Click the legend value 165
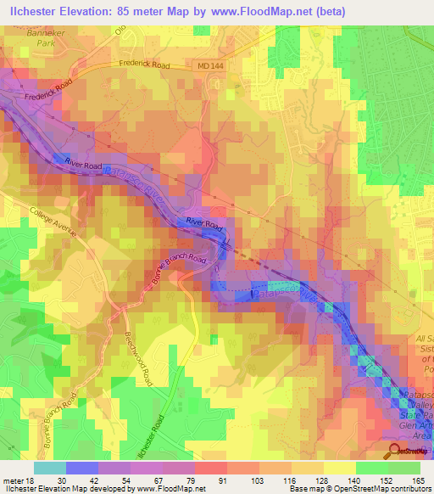pyautogui.click(x=418, y=480)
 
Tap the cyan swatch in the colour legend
pyautogui.click(x=50, y=468)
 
